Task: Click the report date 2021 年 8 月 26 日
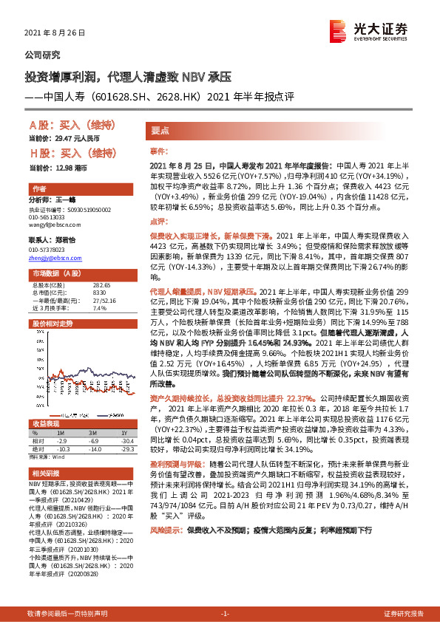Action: pyautogui.click(x=55, y=33)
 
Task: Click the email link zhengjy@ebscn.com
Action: pyautogui.click(x=55, y=258)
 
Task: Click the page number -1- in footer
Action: pyautogui.click(x=220, y=614)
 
